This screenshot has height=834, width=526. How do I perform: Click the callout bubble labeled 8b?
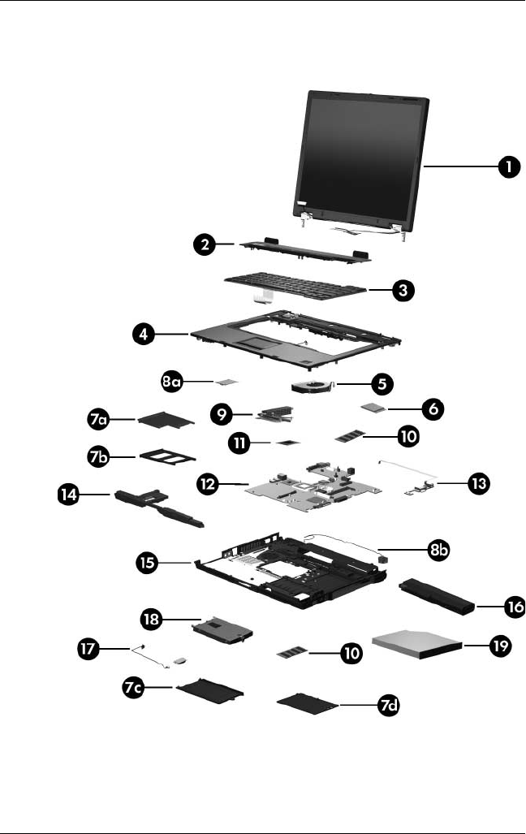(440, 550)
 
